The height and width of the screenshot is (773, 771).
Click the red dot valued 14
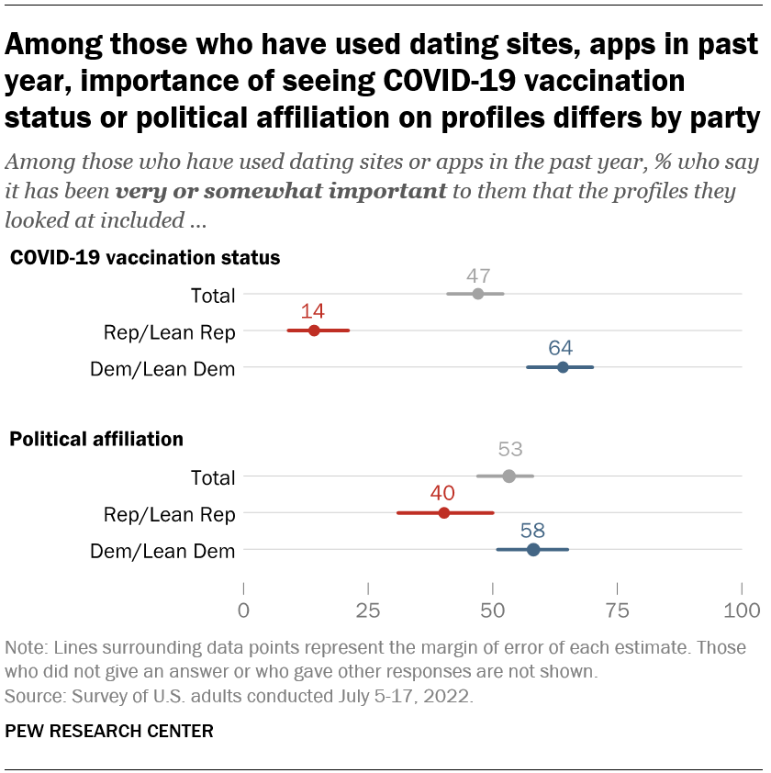(314, 330)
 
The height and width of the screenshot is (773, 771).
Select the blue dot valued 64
(563, 367)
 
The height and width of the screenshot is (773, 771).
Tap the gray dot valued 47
(477, 294)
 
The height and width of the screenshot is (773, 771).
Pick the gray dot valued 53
(508, 476)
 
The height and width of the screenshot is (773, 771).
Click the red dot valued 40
(444, 512)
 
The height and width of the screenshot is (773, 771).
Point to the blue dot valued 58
(533, 549)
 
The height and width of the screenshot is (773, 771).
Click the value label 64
(562, 348)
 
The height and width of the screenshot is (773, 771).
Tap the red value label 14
(313, 311)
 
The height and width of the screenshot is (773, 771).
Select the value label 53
(510, 450)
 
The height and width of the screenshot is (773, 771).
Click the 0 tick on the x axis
(243, 611)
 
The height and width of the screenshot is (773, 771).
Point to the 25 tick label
(368, 611)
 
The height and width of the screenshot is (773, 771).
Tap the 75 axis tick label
(618, 611)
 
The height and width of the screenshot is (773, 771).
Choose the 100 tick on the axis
(742, 611)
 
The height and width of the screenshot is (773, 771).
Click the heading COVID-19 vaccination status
(144, 258)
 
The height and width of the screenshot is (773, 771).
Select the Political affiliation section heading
(95, 439)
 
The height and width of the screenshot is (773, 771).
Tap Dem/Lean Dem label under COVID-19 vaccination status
(162, 369)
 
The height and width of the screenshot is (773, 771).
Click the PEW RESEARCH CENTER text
(109, 732)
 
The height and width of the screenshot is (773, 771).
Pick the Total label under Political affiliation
(212, 477)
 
